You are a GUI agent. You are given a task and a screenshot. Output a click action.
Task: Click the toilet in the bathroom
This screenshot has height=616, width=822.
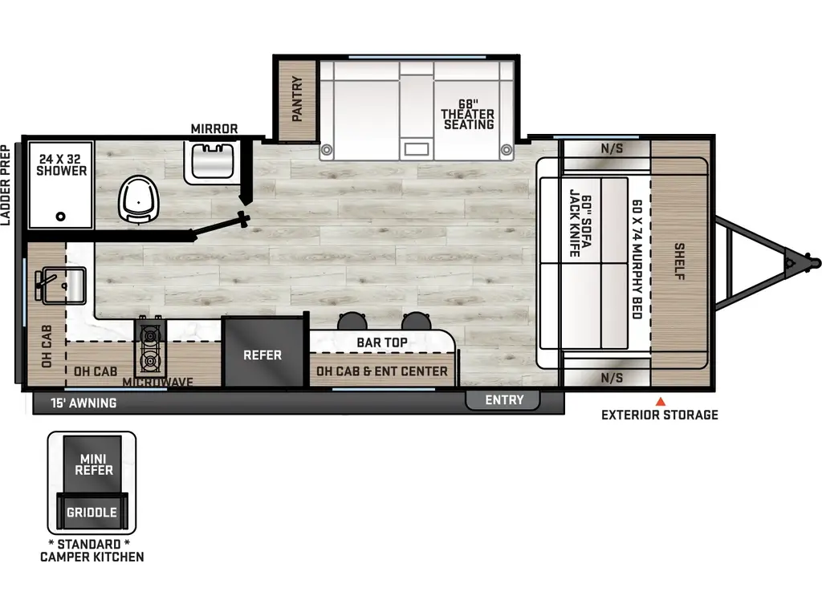tap(138, 199)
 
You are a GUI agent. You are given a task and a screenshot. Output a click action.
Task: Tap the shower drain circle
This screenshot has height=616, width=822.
tap(61, 217)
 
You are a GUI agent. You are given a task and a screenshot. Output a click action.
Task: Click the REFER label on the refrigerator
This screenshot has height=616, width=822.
tap(262, 355)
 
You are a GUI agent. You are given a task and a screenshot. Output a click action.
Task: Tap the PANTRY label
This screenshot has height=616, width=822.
tap(297, 99)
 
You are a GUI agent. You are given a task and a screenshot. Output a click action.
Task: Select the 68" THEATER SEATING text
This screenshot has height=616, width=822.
tap(468, 114)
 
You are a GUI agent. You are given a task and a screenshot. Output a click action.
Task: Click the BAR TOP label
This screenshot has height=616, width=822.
tap(381, 342)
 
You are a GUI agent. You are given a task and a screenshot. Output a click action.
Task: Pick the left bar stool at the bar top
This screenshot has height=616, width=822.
tap(352, 321)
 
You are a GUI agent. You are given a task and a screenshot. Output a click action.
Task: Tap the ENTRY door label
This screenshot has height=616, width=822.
tap(504, 400)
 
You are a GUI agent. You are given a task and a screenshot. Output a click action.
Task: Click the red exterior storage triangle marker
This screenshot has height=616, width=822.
tap(661, 402)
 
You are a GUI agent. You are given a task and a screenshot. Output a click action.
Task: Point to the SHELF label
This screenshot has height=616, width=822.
tap(679, 261)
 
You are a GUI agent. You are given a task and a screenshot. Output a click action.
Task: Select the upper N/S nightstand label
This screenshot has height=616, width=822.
tap(612, 148)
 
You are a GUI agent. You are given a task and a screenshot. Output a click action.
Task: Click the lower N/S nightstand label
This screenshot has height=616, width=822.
tap(612, 378)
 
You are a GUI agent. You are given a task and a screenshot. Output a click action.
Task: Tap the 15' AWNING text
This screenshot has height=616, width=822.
tap(83, 403)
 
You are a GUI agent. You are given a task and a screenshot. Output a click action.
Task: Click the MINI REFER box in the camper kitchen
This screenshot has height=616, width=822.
tap(93, 464)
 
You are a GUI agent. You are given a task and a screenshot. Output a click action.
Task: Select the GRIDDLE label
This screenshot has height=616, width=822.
tap(92, 513)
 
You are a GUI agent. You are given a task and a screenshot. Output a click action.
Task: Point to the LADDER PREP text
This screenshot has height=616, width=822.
tap(6, 185)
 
